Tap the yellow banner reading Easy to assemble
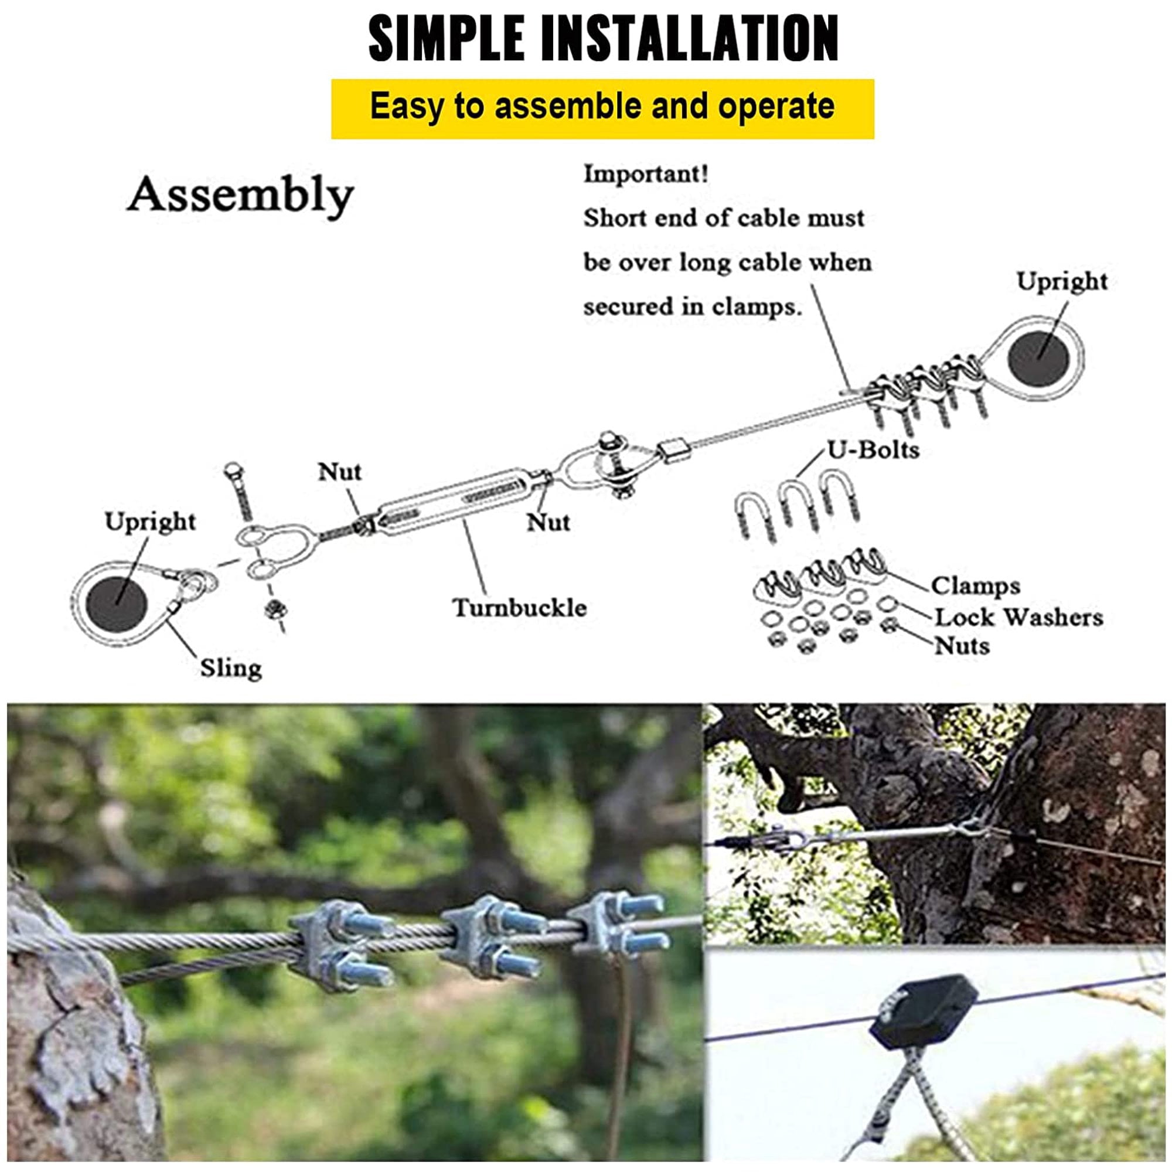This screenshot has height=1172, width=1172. pos(602,109)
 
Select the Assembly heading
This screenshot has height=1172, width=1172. pos(240,196)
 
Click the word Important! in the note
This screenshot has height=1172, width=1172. pos(645,174)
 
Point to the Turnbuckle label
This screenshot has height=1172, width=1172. pos(520,608)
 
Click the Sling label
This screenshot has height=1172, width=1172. pos(231,669)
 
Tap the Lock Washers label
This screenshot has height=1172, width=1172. pos(1018,618)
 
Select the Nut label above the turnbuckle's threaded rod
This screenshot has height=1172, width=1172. pos(340,471)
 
